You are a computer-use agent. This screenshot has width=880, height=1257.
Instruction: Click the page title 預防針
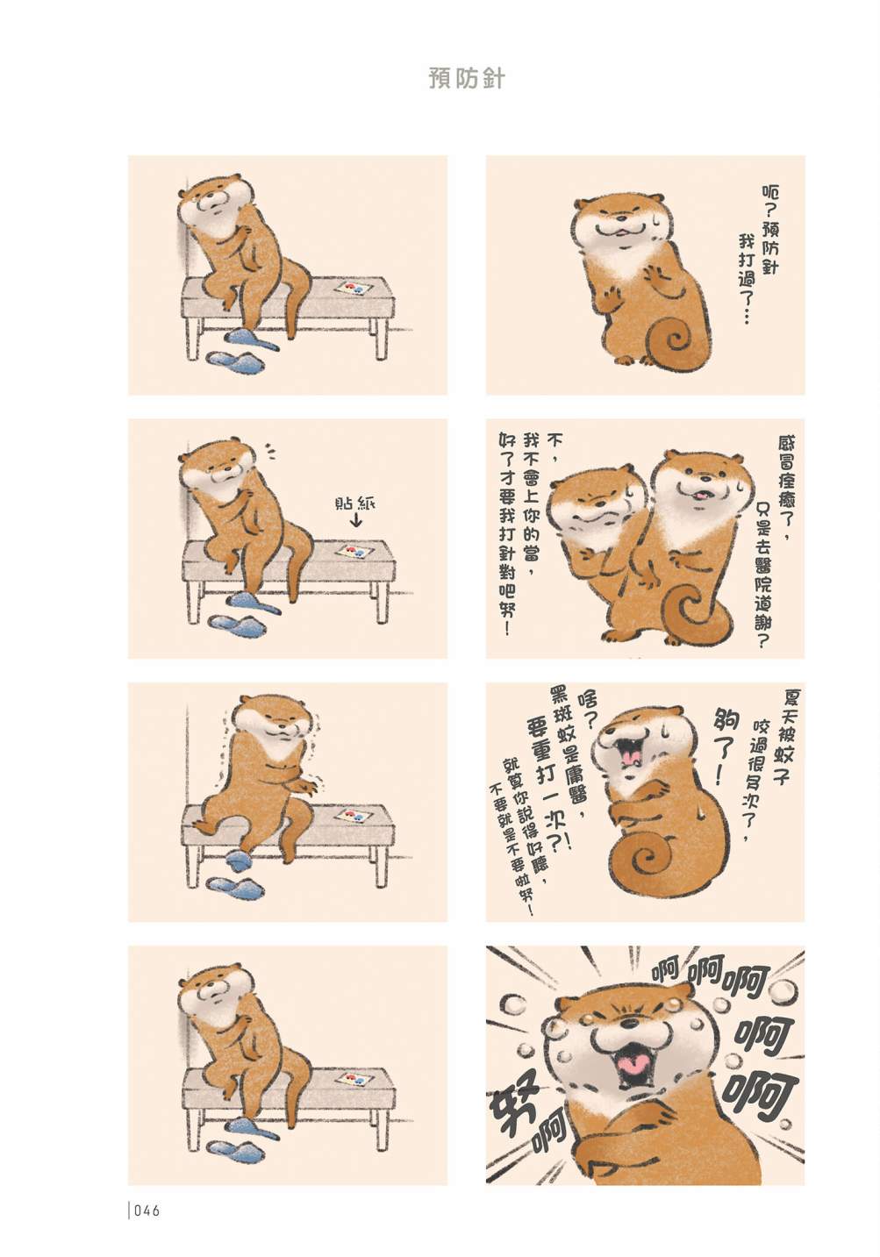tap(467, 79)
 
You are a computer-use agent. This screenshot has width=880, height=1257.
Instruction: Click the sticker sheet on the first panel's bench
tap(353, 289)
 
